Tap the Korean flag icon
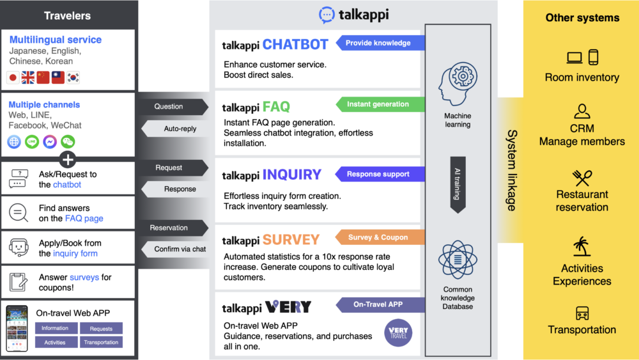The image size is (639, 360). [x=74, y=77]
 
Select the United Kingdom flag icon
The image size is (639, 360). [x=27, y=77]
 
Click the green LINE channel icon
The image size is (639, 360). [x=32, y=142]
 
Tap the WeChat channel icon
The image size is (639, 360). [x=68, y=142]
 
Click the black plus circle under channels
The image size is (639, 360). [x=67, y=159]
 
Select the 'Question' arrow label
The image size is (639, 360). [x=170, y=107]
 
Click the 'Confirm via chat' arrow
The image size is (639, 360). [x=179, y=249]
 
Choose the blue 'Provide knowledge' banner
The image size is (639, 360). [x=380, y=43]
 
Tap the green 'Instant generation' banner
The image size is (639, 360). [x=380, y=104]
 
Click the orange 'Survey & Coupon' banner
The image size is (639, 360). [x=380, y=237]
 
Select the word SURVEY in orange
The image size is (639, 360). [x=291, y=240]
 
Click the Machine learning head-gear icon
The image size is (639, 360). [x=458, y=83]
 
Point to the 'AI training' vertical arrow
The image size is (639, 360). [x=458, y=184]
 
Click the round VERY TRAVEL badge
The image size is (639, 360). [x=399, y=333]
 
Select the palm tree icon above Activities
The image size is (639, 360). [x=581, y=247]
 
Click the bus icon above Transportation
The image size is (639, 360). [x=581, y=313]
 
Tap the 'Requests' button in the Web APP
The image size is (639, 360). [x=101, y=329]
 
